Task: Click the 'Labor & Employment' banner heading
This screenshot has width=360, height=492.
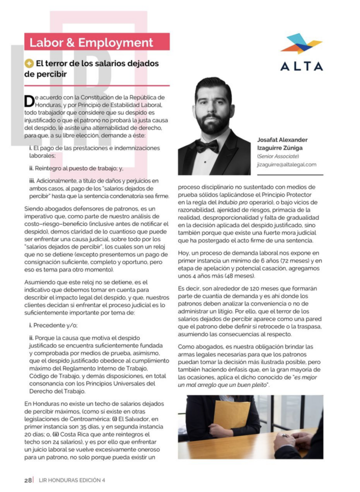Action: pyautogui.click(x=91, y=42)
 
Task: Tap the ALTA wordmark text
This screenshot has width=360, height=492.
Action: pyautogui.click(x=301, y=66)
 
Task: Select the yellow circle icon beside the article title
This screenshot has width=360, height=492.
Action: pyautogui.click(x=29, y=63)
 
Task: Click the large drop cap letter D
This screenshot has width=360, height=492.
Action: pyautogui.click(x=29, y=101)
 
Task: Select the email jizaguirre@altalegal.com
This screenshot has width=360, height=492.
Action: pyautogui.click(x=286, y=164)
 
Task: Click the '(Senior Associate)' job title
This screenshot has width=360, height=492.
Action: pyautogui.click(x=278, y=156)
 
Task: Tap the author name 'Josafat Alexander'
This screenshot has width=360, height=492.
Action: pyautogui.click(x=282, y=140)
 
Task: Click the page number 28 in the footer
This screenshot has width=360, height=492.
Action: pyautogui.click(x=28, y=480)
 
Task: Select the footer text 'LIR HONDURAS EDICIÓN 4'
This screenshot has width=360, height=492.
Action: pyautogui.click(x=72, y=480)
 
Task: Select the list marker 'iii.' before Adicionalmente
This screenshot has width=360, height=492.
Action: pyautogui.click(x=33, y=181)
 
